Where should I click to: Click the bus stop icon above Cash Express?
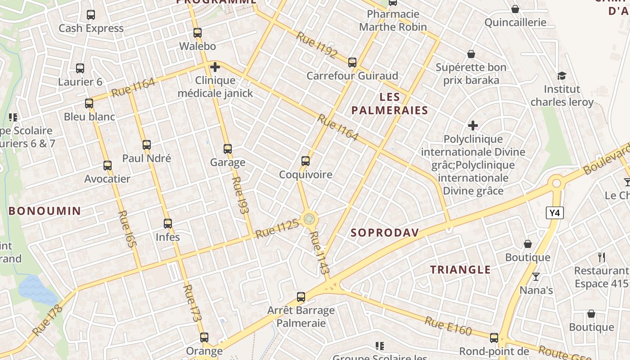tap(91, 15)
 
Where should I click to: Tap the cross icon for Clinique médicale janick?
tap(215, 67)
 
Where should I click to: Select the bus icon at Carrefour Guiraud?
tap(352, 63)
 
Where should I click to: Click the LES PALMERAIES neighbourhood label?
tap(390, 103)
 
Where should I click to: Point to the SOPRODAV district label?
tap(385, 233)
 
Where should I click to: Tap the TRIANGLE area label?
tap(460, 270)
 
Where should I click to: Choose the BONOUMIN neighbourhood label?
tap(45, 211)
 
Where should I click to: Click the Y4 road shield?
tap(555, 213)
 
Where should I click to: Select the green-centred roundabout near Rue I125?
tap(309, 219)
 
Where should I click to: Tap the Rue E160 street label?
tap(448, 326)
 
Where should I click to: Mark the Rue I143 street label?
tap(320, 253)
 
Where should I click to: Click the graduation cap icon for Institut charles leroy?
tap(562, 76)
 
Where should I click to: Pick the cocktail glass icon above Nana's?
tap(536, 276)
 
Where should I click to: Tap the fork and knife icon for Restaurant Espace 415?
tap(602, 257)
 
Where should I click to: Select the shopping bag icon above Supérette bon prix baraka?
tap(471, 54)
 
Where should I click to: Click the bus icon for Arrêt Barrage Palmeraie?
tap(301, 297)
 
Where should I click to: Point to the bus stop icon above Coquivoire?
tap(306, 161)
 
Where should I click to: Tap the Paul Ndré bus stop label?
tap(147, 158)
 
